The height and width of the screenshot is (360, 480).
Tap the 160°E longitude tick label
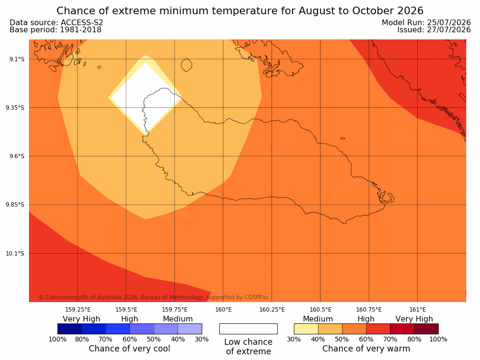click(223, 310)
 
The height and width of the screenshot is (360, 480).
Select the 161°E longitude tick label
click(417, 310)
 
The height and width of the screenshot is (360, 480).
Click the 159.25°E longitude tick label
click(78, 310)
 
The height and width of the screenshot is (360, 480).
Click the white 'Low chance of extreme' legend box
click(248, 329)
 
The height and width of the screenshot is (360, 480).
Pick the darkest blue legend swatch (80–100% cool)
click(70, 329)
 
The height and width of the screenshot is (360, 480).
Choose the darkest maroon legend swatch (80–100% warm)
click(426, 329)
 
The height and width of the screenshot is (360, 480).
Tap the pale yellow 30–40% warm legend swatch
click(306, 329)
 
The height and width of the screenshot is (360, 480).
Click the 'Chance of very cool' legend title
click(129, 349)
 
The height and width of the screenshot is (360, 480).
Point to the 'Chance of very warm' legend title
click(366, 349)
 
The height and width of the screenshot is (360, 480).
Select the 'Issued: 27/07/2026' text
click(434, 30)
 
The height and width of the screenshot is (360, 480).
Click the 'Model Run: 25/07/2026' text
click(426, 22)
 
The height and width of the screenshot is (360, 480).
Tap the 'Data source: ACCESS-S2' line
click(56, 22)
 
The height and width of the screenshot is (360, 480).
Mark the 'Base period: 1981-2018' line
click(56, 30)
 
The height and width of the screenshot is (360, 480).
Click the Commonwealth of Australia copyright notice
click(154, 297)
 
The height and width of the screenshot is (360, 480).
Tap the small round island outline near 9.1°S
click(187, 65)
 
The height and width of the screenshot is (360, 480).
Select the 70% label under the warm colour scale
click(390, 339)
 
